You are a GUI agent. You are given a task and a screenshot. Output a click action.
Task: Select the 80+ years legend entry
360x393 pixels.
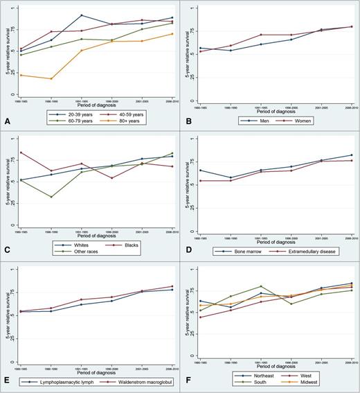[x=134, y=119]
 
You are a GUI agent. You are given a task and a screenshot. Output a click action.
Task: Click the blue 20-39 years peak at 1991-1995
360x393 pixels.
[x=82, y=15]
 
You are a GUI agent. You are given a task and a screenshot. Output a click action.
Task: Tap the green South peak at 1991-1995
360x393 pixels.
[x=261, y=286]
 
